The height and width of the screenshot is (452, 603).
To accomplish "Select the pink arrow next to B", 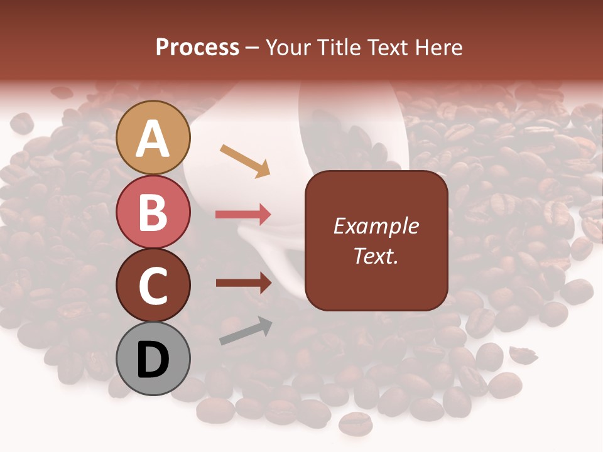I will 243,215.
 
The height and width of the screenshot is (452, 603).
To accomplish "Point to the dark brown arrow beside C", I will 243,283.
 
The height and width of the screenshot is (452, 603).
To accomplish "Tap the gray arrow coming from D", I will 246,331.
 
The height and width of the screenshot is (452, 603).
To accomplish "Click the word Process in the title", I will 197,47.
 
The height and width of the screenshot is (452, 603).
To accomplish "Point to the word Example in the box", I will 376,226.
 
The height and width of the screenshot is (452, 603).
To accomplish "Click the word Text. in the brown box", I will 376,256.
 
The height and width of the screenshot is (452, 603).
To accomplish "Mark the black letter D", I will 153,360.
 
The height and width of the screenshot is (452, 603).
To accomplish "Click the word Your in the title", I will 290,47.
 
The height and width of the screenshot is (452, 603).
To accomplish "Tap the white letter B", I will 153,212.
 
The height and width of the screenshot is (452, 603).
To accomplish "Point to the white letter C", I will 153,286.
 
